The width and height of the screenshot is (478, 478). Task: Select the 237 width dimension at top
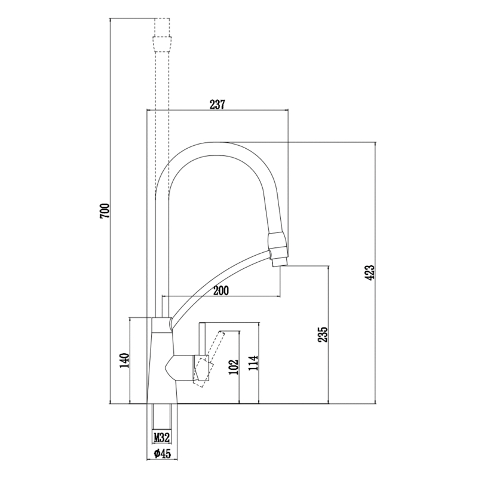(x=217, y=105)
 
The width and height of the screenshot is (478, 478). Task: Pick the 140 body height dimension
(x=124, y=361)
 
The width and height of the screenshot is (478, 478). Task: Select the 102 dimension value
(x=234, y=366)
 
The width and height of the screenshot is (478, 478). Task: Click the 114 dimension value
(x=253, y=363)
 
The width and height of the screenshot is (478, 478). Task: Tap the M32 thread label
(x=162, y=437)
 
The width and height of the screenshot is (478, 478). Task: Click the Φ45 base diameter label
(x=161, y=454)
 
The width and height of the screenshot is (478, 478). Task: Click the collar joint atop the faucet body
(x=161, y=324)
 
